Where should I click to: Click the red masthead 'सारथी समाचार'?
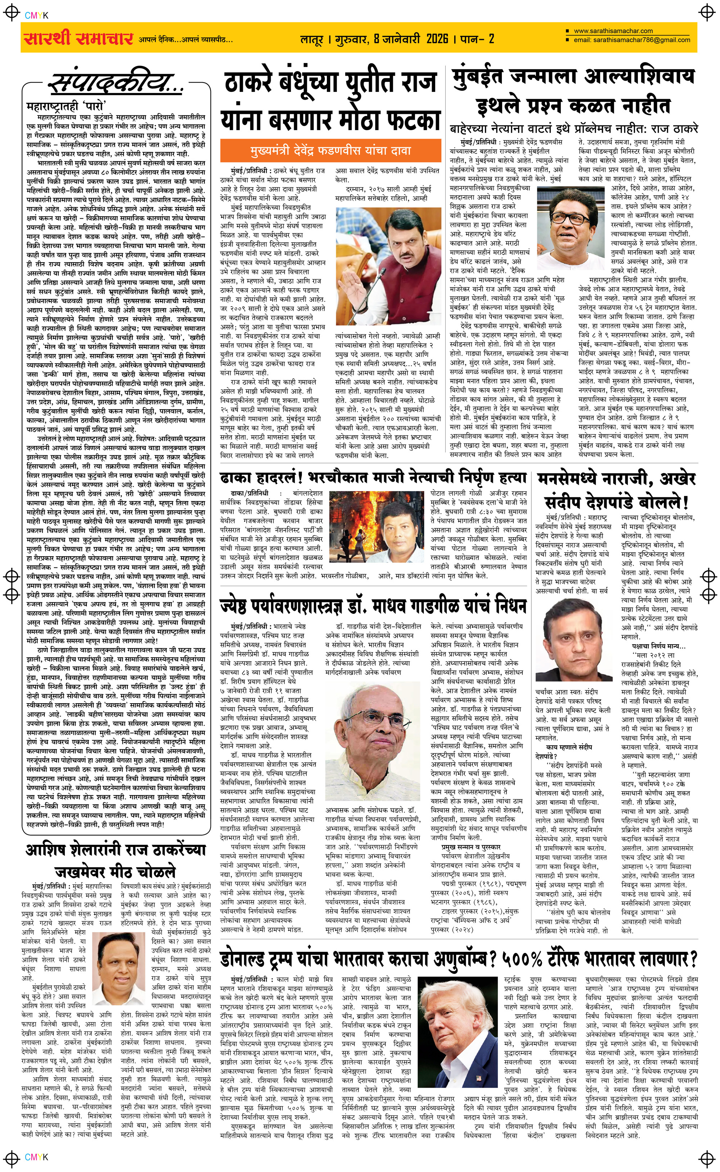coord(78,39)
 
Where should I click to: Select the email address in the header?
coord(631,40)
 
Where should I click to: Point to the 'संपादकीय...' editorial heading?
coord(117,84)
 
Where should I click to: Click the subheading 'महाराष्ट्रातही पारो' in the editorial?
coord(66,105)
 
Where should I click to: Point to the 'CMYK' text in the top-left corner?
coord(36,15)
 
